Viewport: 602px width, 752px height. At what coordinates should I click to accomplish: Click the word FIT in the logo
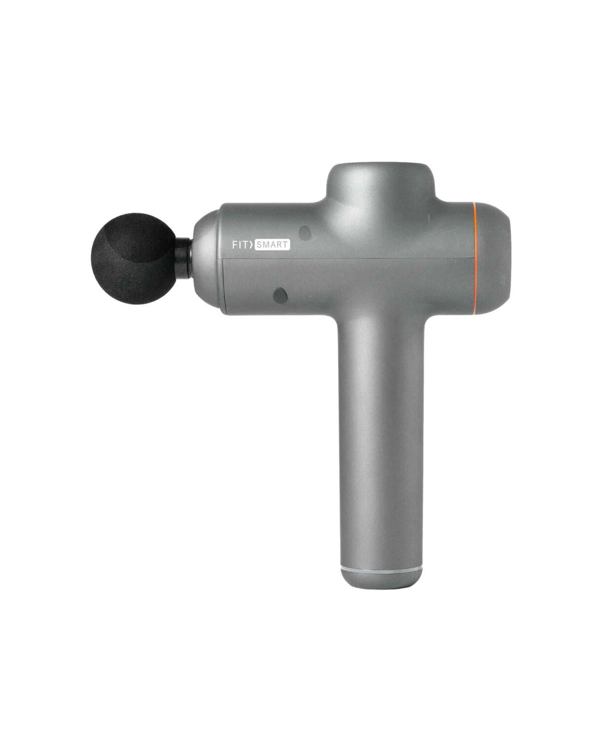pos(241,245)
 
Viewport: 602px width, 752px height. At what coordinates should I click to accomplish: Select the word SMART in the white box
pos(272,245)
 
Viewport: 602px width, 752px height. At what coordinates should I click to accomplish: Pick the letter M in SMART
pos(267,245)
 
